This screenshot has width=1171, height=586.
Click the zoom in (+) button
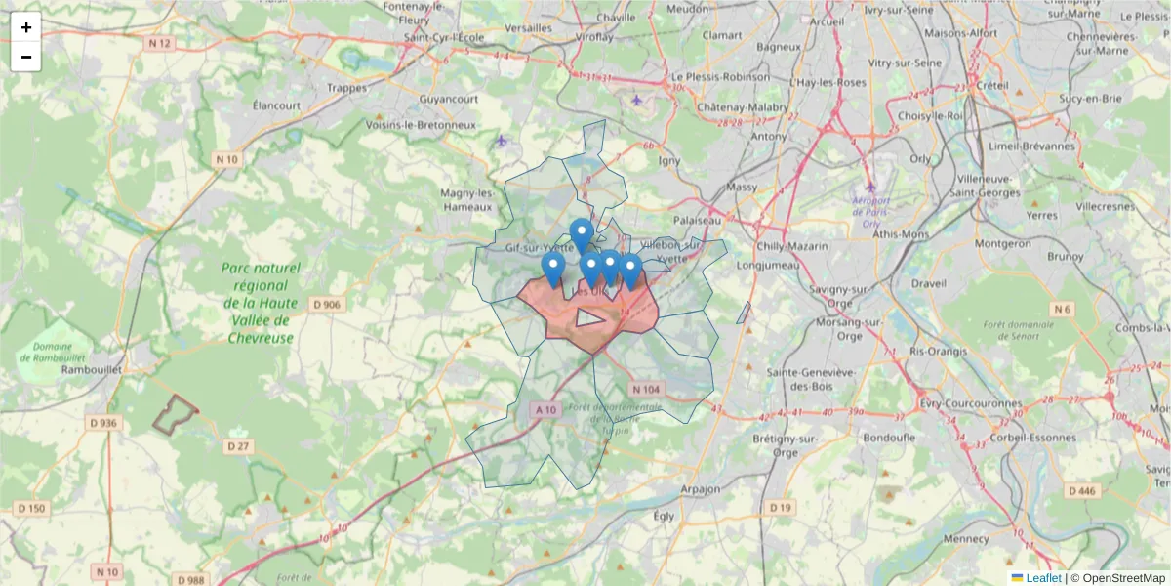pos(26,27)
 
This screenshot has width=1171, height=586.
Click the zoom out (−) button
pos(26,57)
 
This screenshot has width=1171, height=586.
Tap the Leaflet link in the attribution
pos(1043,577)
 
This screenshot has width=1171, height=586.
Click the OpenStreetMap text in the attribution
pos(1123,577)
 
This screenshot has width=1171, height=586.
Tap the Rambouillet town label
pos(90,369)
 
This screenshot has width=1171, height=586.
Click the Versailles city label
pos(529,28)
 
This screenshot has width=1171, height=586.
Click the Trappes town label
pos(347,87)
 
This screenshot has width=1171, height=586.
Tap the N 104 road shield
pos(646,389)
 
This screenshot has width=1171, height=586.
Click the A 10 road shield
pos(545,410)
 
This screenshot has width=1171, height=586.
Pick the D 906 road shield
pos(327,305)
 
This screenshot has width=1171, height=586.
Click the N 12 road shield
pos(159,43)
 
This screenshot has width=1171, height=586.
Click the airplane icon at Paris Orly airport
pos(870,187)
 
